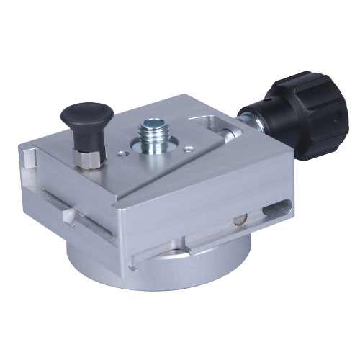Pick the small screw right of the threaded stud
pyautogui.click(x=187, y=149)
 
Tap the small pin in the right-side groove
pyautogui.click(x=238, y=221)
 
